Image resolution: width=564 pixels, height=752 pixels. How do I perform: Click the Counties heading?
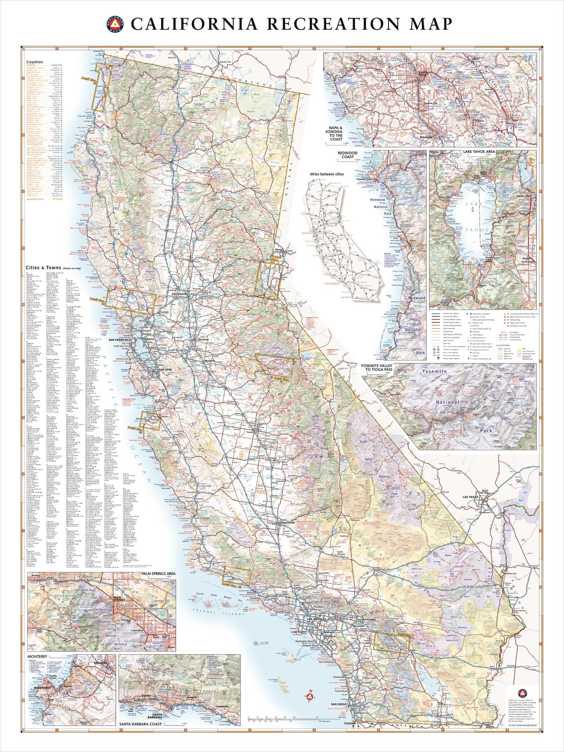pyautogui.click(x=34, y=61)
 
